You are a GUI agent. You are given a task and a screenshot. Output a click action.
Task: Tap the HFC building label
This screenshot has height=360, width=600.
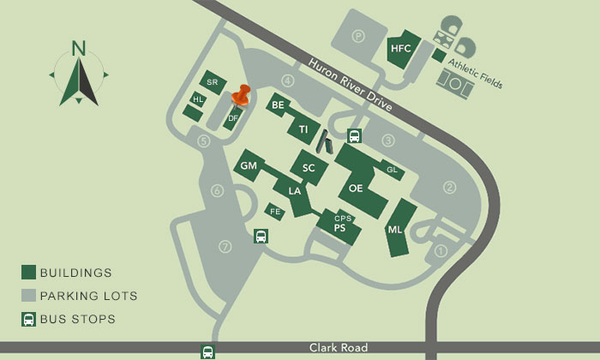(401, 49)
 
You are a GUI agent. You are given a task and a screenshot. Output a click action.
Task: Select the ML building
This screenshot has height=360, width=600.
(395, 229)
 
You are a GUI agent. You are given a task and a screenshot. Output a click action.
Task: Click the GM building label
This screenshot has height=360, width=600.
(249, 165)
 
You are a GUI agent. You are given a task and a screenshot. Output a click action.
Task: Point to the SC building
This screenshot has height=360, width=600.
(309, 168)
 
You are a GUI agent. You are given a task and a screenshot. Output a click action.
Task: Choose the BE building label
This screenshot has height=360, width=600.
(278, 105)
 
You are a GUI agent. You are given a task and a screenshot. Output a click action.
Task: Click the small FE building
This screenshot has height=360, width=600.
(275, 211)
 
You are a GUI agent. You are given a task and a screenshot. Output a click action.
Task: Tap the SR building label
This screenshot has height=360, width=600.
(213, 82)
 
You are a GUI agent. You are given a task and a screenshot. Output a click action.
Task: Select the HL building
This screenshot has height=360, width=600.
(198, 99)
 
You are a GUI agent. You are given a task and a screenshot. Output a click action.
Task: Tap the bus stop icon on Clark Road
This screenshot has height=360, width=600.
(207, 351)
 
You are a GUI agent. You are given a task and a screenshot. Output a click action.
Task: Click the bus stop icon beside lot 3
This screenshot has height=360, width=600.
(353, 136)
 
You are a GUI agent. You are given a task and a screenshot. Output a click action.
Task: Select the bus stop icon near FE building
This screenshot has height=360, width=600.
(261, 237)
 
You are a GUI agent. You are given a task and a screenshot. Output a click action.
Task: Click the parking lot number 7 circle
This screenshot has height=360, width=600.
(225, 247)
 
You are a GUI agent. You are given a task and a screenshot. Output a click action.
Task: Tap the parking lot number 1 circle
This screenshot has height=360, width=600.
(442, 250)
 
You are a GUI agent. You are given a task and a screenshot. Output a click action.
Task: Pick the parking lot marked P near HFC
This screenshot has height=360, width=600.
(358, 37)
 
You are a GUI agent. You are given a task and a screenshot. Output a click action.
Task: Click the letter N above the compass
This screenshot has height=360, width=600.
(79, 48)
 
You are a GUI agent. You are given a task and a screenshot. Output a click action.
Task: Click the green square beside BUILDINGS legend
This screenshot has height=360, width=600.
(28, 273)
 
